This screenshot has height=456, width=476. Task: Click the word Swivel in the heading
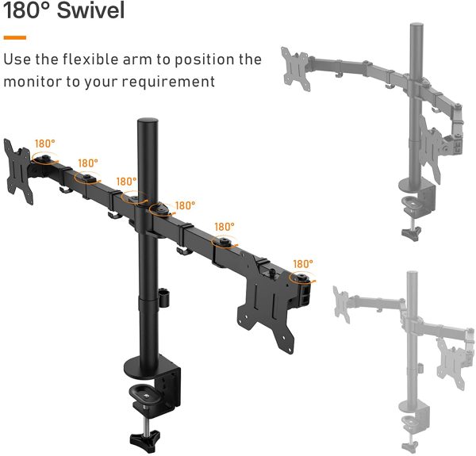(90, 10)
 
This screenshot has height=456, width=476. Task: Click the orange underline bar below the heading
(15, 37)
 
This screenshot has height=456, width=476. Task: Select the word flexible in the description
(90, 59)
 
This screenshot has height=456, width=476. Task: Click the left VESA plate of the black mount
(18, 171)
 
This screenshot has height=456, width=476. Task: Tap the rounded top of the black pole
(148, 121)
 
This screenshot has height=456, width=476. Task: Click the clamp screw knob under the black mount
(145, 438)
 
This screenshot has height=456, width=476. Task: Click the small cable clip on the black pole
(164, 297)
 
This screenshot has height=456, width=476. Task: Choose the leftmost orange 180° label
(45, 144)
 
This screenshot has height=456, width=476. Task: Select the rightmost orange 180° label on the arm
(303, 263)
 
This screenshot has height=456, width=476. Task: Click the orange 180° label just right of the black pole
(185, 205)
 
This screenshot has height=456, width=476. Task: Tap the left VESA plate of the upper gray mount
(296, 69)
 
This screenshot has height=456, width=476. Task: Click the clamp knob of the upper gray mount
(412, 233)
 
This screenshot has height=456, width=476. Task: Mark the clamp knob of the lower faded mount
(410, 446)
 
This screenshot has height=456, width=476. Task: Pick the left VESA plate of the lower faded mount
(341, 304)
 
